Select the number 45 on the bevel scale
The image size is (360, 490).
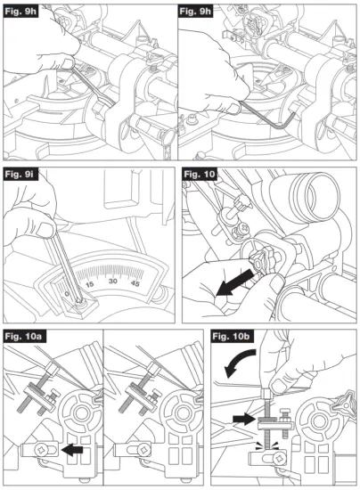click(138, 284)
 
